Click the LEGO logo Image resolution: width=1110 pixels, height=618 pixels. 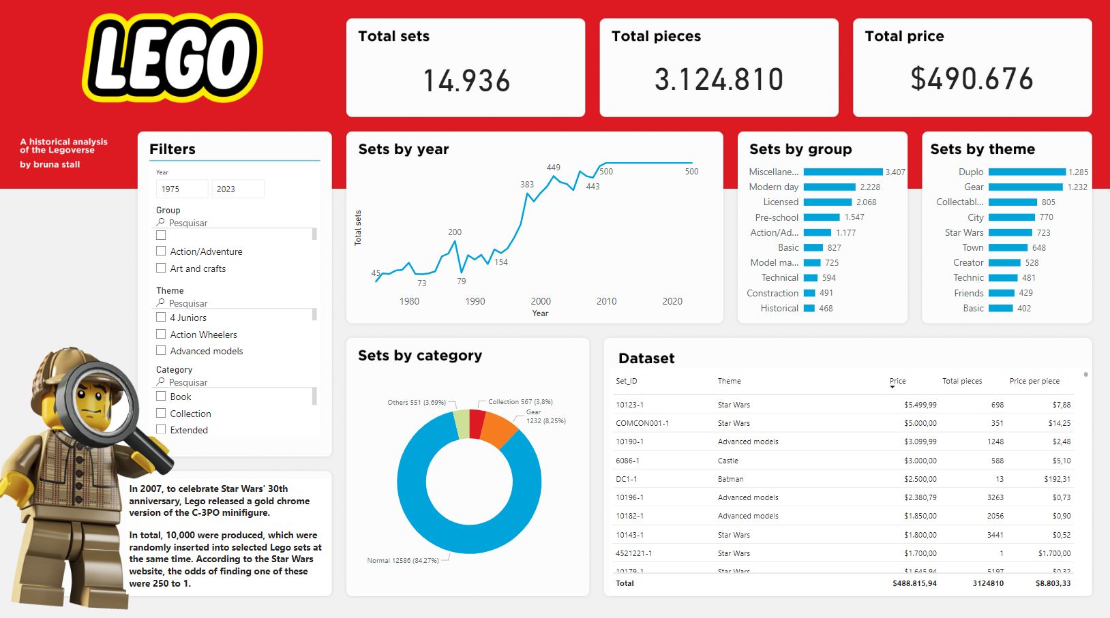[x=172, y=58]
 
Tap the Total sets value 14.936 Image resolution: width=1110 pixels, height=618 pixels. [x=466, y=80]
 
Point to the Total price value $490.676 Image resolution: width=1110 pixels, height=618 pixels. [x=972, y=79]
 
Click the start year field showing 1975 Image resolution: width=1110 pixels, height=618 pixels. [x=181, y=189]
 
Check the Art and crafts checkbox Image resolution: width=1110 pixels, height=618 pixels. [x=161, y=268]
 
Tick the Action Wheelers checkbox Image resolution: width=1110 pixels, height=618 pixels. [x=161, y=335]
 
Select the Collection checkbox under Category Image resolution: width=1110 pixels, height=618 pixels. [x=161, y=414]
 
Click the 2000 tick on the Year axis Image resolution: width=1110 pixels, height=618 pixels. [x=541, y=301]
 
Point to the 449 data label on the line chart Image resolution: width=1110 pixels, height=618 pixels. [x=553, y=168]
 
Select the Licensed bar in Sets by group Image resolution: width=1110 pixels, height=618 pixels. [x=827, y=202]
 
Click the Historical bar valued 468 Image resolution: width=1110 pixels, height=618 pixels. [x=809, y=309]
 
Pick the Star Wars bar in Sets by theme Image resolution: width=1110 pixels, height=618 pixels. [x=1010, y=233]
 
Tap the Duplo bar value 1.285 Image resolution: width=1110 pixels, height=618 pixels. [x=1078, y=172]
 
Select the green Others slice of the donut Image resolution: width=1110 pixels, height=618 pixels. [x=462, y=424]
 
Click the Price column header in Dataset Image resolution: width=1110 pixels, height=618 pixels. [x=897, y=381]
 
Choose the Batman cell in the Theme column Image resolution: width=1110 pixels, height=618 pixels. [x=730, y=479]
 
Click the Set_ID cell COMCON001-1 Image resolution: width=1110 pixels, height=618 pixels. [x=642, y=423]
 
